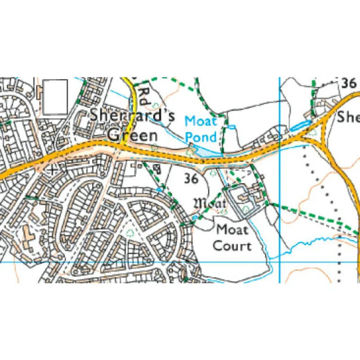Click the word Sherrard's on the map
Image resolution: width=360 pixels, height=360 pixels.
pyautogui.click(x=132, y=115)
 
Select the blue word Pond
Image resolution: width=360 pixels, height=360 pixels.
pyautogui.click(x=201, y=137)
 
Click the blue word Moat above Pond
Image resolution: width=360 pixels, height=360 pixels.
pyautogui.click(x=201, y=121)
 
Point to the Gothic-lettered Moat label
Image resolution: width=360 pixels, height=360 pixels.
pyautogui.click(x=209, y=203)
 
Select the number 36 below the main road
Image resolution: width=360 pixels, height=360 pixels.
pyautogui.click(x=191, y=179)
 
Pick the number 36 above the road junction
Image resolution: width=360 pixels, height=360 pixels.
pyautogui.click(x=349, y=83)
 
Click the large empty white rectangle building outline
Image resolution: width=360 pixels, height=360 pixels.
pyautogui.click(x=55, y=96)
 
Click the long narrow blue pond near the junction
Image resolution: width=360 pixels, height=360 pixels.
pyautogui.click(x=300, y=126)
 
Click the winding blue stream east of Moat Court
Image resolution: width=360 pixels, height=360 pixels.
pyautogui.click(x=306, y=245)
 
